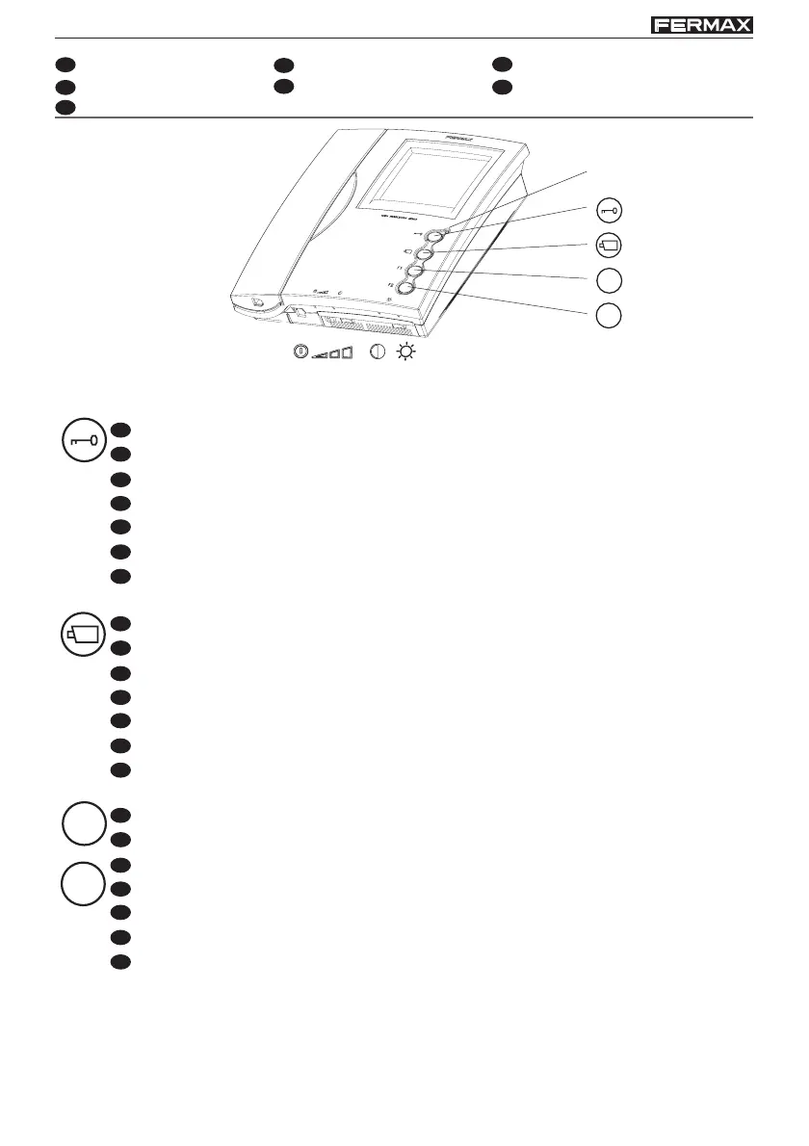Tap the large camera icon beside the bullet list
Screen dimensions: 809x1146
(x=80, y=635)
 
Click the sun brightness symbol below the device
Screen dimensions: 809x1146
(x=407, y=353)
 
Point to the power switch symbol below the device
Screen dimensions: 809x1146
(x=300, y=353)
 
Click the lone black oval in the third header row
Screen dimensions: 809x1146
(x=65, y=106)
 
